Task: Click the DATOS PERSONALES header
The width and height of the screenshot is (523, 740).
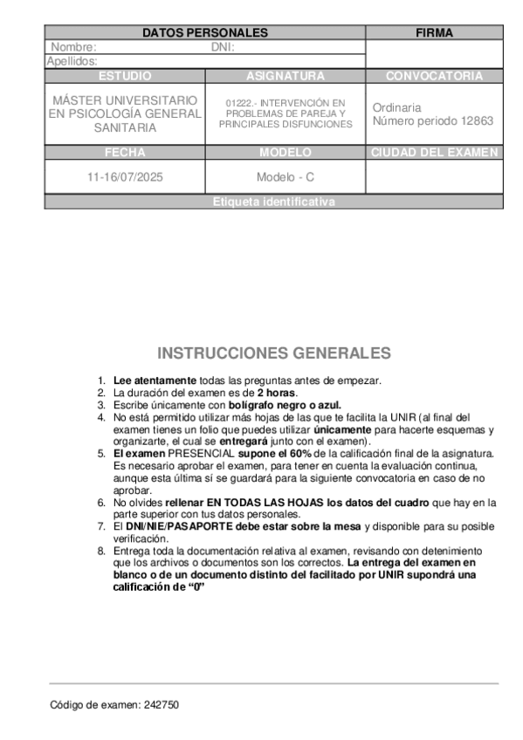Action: click(x=204, y=32)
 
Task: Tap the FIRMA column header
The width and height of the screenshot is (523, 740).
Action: click(x=434, y=32)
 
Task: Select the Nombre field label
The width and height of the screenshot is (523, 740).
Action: click(x=73, y=47)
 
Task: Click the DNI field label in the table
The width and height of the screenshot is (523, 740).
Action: click(x=224, y=47)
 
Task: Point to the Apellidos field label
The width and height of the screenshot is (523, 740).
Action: click(x=72, y=61)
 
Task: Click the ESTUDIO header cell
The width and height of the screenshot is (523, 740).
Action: click(x=125, y=76)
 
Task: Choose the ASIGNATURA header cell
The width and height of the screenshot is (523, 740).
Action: click(x=285, y=76)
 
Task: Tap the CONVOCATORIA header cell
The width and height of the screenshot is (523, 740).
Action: click(x=434, y=76)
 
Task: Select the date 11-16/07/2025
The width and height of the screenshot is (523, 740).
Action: click(x=125, y=176)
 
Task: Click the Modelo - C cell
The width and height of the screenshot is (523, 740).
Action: click(x=285, y=176)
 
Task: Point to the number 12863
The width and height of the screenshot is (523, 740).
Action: click(x=477, y=120)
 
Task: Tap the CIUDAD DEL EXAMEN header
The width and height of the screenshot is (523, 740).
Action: click(x=434, y=152)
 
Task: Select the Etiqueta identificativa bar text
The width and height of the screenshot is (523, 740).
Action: click(x=273, y=202)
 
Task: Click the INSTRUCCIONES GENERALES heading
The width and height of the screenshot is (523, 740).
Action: click(x=273, y=353)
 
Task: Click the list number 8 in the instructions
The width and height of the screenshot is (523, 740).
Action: click(x=101, y=552)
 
